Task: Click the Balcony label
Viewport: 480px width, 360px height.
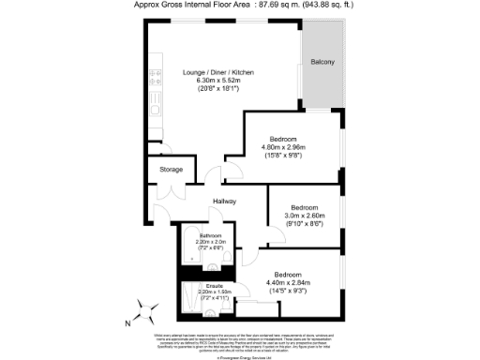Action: click(x=322, y=63)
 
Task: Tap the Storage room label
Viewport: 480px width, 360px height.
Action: click(x=171, y=170)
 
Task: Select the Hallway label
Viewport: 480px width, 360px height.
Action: click(x=223, y=202)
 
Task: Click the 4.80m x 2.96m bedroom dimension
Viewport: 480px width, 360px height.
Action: click(x=282, y=147)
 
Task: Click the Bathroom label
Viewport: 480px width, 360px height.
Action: click(x=209, y=235)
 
